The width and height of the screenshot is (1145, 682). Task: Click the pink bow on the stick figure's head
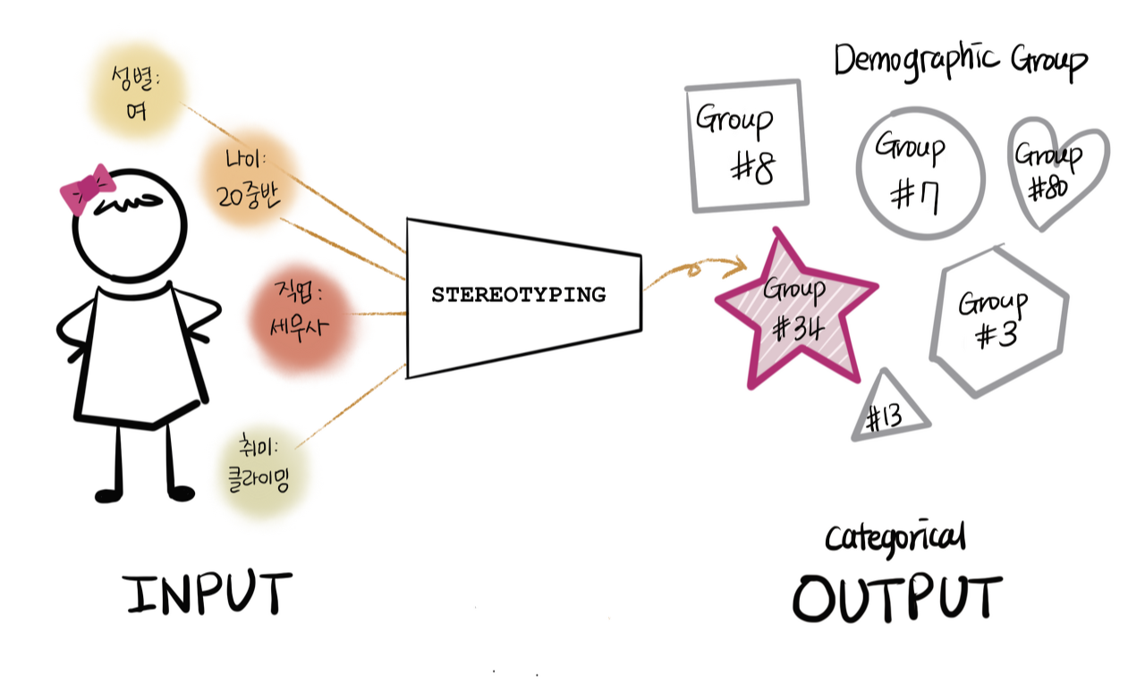tap(88, 188)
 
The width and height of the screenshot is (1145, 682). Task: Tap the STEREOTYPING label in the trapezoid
tap(518, 294)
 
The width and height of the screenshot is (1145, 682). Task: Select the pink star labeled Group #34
tap(795, 308)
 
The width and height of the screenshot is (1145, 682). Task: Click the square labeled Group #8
tap(746, 147)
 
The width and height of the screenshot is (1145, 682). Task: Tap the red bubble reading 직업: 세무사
tap(301, 314)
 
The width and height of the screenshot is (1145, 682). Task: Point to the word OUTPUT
tap(896, 597)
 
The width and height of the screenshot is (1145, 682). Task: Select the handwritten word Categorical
tap(895, 538)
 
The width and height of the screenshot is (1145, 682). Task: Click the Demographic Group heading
tap(961, 61)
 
